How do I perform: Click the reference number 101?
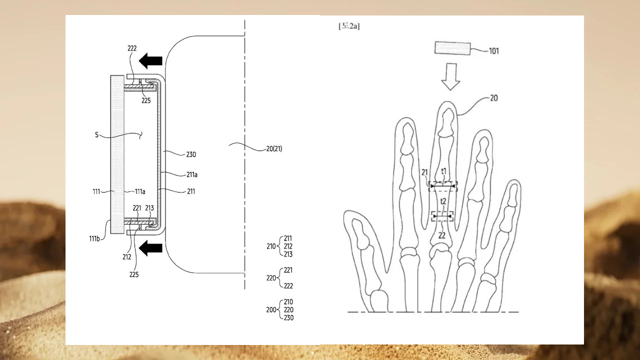494,51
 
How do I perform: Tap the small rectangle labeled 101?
452,48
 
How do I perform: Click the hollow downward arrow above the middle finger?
450,76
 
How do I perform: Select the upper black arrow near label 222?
150,61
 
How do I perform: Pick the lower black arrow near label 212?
150,248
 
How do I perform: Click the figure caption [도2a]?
349,26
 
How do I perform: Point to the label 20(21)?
274,149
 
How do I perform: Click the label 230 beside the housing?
191,155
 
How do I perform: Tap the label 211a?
192,174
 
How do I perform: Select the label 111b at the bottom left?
94,238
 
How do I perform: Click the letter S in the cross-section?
96,135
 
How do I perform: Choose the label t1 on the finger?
443,171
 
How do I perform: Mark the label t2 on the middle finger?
443,201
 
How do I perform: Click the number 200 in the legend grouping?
271,309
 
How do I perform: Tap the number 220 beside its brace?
271,278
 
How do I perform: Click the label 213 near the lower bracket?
149,208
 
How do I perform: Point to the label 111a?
140,191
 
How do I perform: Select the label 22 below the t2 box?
441,235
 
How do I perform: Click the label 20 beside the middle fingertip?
493,98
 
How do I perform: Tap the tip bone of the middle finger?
446,123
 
